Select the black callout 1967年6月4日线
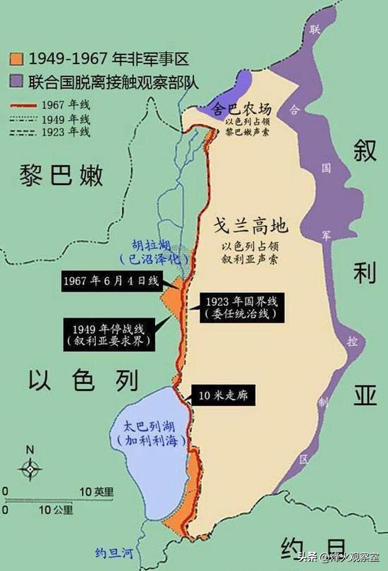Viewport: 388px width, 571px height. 111,280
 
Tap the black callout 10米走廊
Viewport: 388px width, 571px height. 224,395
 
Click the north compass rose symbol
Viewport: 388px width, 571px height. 30,466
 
